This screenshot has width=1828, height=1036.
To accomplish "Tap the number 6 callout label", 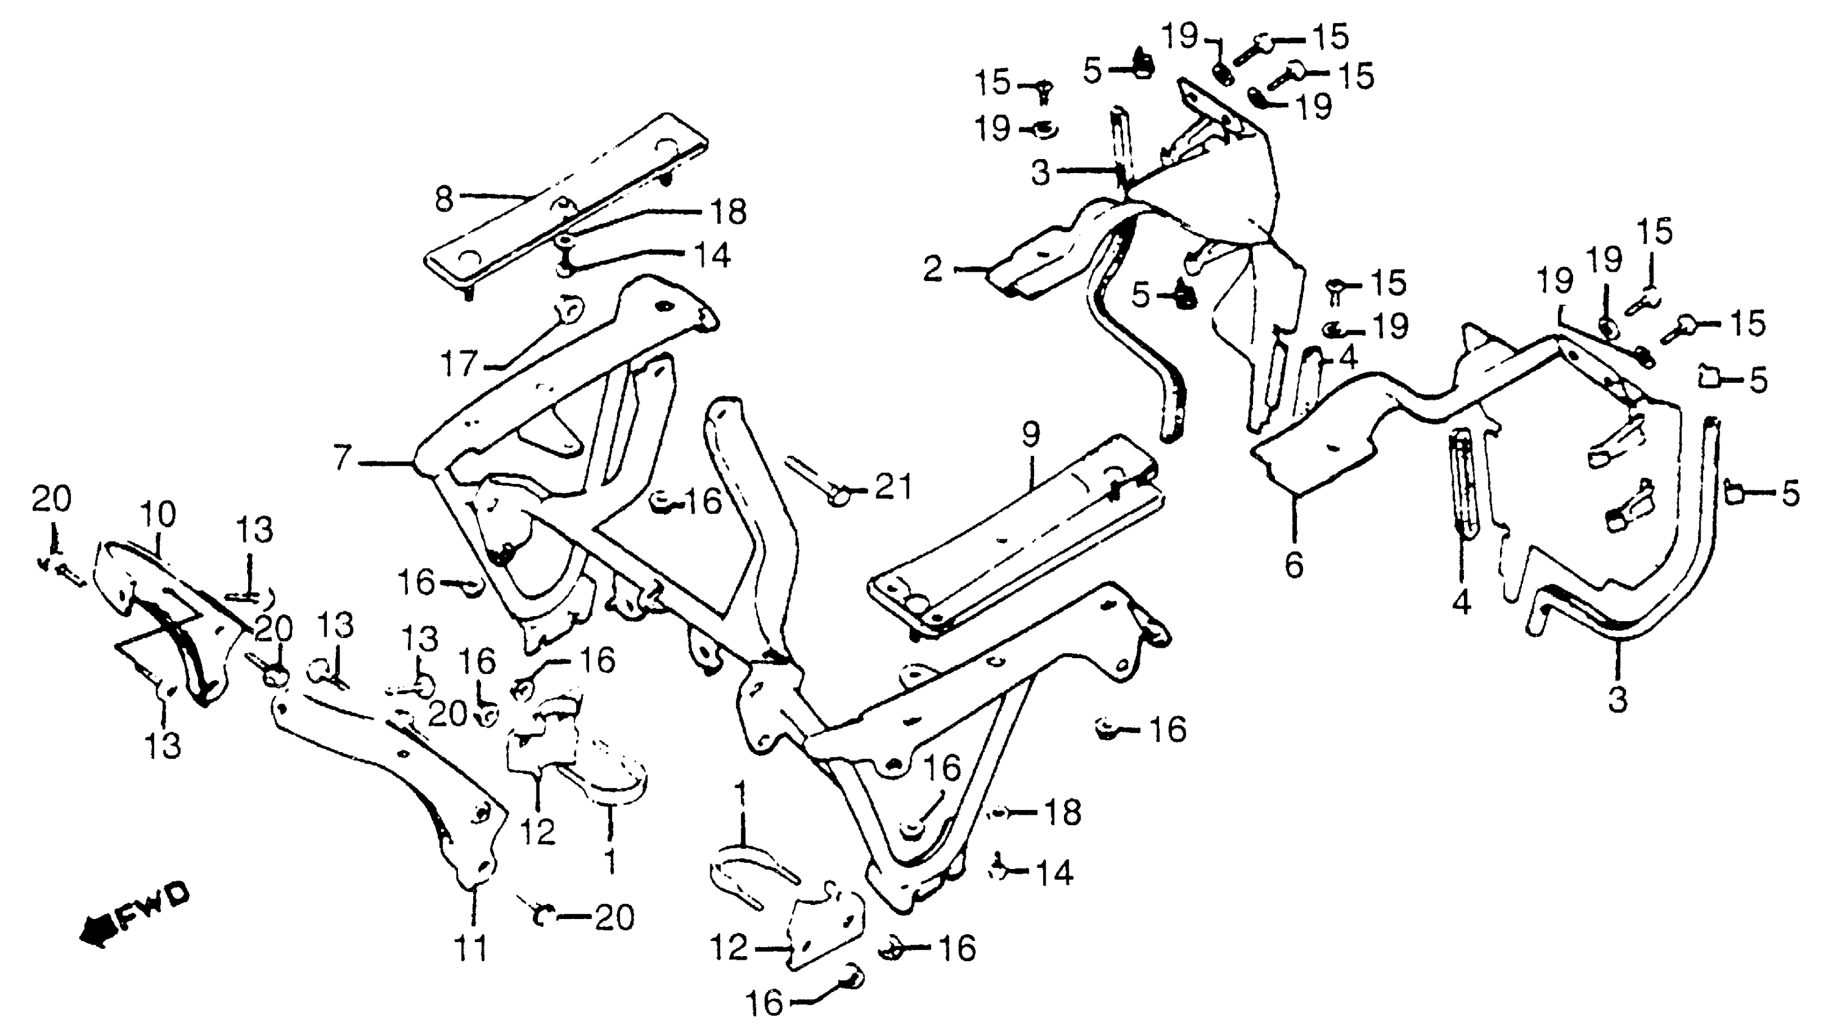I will (1293, 566).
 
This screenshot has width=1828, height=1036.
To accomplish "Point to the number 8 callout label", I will (443, 200).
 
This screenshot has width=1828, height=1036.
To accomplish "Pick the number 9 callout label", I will (1030, 435).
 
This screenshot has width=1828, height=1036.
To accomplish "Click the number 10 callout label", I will (157, 514).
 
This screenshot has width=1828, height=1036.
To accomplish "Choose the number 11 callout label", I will (472, 948).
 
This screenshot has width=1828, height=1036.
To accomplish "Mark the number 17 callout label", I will (459, 364).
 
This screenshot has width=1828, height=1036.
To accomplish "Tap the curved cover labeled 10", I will (171, 619).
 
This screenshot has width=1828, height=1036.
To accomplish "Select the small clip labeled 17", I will (569, 310).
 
